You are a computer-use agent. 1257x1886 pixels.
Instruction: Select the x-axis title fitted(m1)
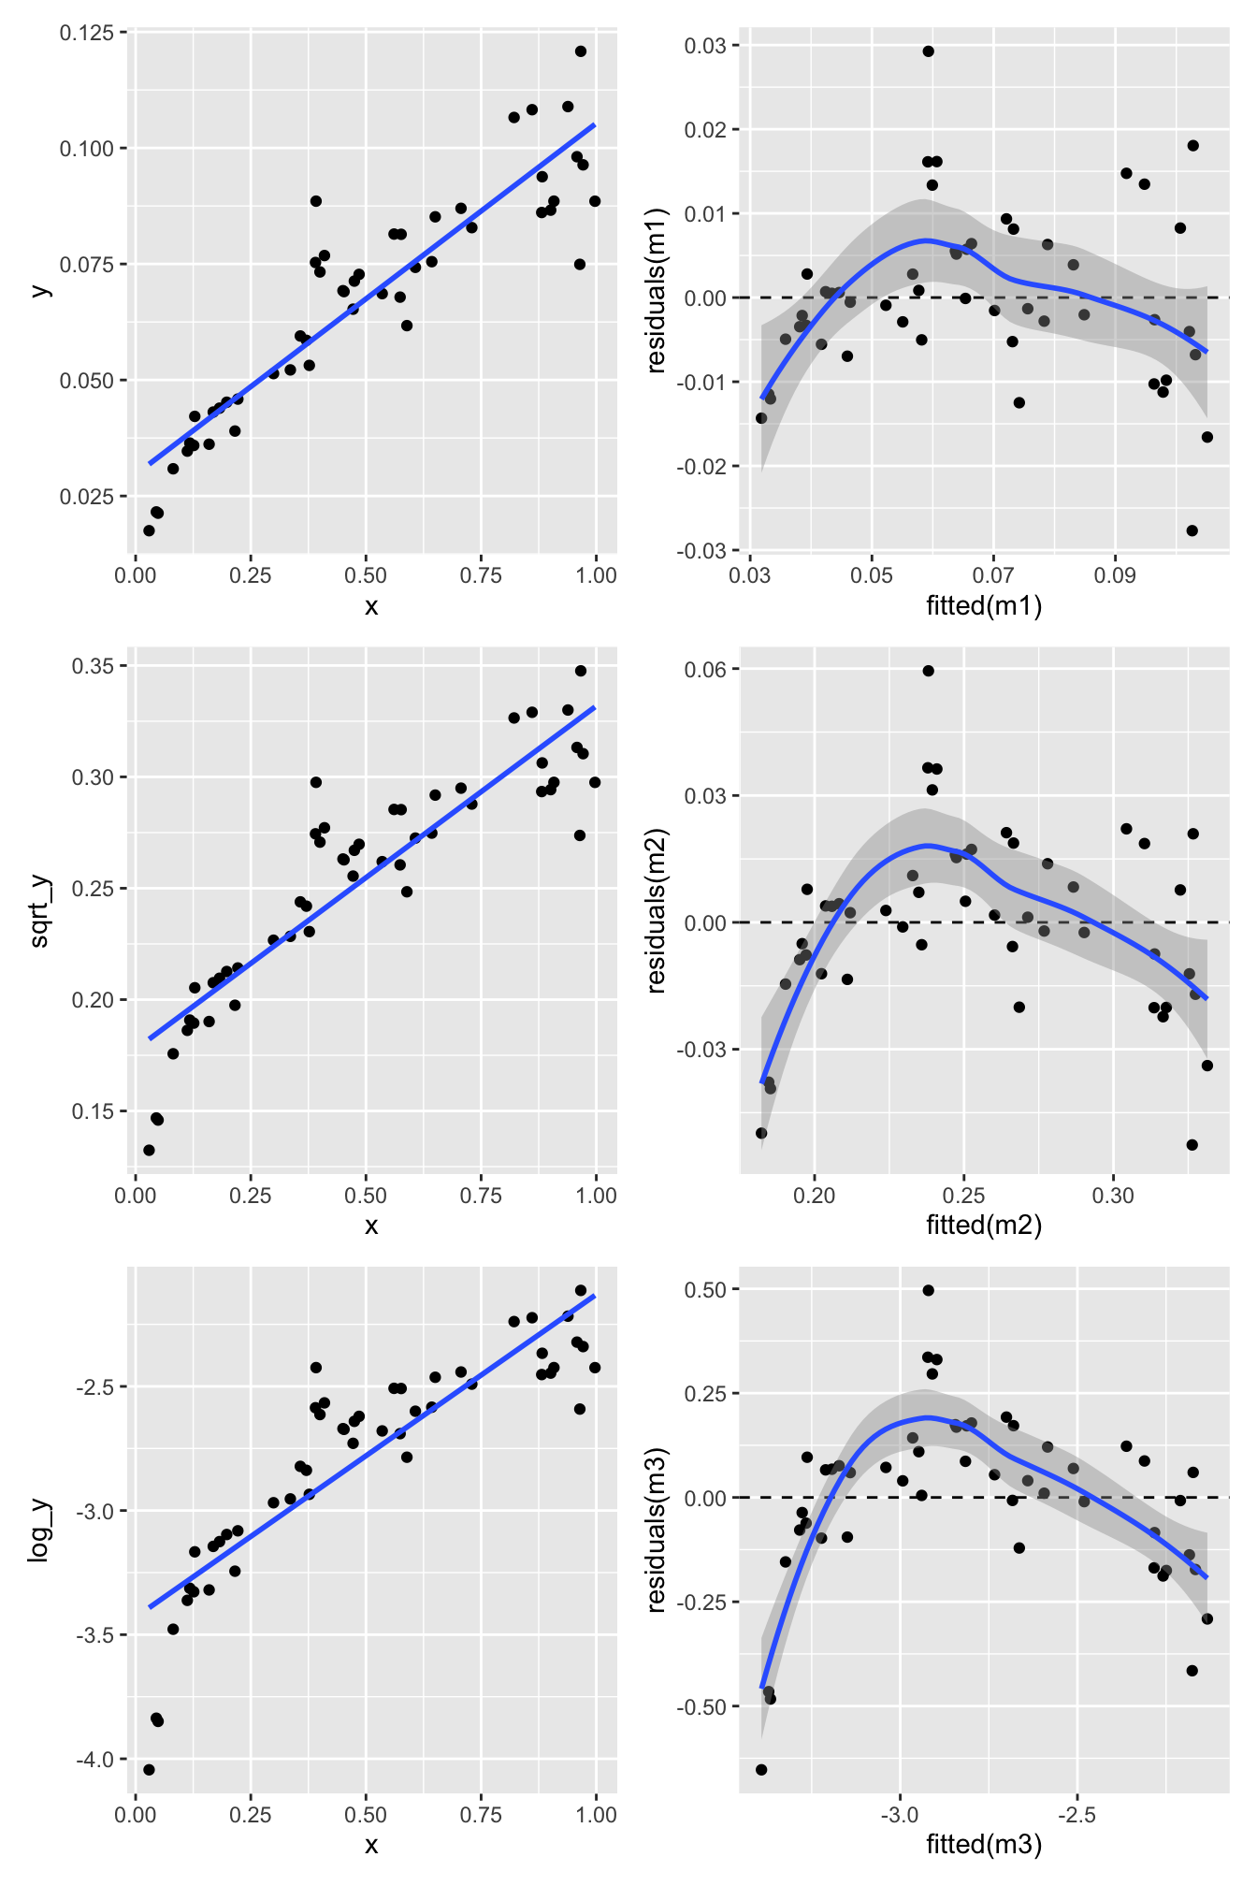pyautogui.click(x=984, y=606)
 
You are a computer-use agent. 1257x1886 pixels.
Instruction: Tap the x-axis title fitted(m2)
pyautogui.click(x=984, y=1225)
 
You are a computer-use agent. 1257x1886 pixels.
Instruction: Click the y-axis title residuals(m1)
pyautogui.click(x=656, y=290)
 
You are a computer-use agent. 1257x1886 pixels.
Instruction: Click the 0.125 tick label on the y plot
pyautogui.click(x=87, y=33)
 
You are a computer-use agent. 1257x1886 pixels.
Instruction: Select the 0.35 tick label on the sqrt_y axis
pyautogui.click(x=94, y=666)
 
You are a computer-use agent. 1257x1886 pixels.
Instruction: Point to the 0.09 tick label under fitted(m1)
pyautogui.click(x=1115, y=574)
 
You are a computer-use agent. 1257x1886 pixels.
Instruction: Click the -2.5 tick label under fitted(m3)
pyautogui.click(x=1076, y=1815)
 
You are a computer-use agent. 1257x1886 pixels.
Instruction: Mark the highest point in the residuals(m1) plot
pyautogui.click(x=928, y=51)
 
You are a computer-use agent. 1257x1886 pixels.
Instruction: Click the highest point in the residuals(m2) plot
pyautogui.click(x=928, y=671)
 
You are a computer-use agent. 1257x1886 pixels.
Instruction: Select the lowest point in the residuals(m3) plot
pyautogui.click(x=761, y=1769)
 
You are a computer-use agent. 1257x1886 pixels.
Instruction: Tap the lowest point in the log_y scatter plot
pyautogui.click(x=149, y=1769)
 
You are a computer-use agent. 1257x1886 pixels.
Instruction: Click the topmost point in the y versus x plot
pyautogui.click(x=581, y=51)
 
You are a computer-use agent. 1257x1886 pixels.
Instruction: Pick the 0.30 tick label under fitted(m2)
pyautogui.click(x=1113, y=1196)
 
